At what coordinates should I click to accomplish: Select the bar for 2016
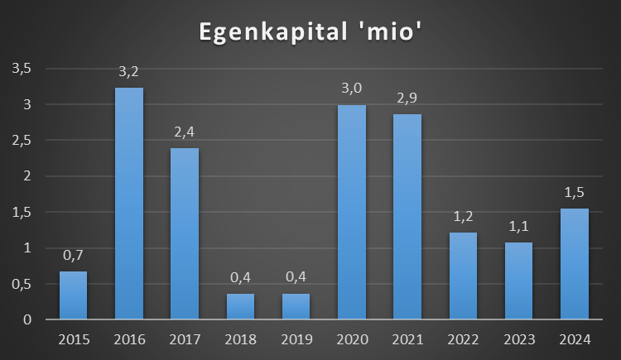(x=128, y=203)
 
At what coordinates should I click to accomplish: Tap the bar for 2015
(x=73, y=295)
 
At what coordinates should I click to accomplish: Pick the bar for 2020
(x=352, y=212)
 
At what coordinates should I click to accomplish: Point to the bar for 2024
(x=575, y=263)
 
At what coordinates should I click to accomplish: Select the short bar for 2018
(x=240, y=306)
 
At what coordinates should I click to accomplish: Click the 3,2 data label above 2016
(x=128, y=73)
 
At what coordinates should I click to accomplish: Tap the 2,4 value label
(x=184, y=132)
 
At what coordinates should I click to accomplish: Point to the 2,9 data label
(x=407, y=99)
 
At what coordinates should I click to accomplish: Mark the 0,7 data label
(x=73, y=256)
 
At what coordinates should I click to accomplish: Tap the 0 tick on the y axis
(x=27, y=319)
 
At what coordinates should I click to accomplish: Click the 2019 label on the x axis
(x=296, y=338)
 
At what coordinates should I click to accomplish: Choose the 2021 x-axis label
(x=407, y=338)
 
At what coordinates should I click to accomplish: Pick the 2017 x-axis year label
(x=184, y=338)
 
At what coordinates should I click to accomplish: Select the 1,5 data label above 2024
(x=575, y=193)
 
